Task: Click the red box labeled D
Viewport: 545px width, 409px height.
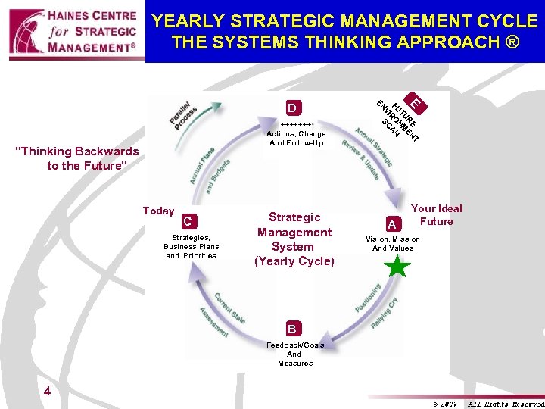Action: [x=291, y=107]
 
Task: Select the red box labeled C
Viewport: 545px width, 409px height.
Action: [x=190, y=221]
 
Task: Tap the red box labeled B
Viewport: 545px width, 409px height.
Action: [x=291, y=329]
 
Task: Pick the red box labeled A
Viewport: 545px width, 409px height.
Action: [x=391, y=222]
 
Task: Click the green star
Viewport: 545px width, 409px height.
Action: [x=397, y=267]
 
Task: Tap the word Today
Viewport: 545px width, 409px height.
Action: [x=158, y=211]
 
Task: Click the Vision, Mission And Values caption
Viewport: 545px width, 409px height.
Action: [x=392, y=244]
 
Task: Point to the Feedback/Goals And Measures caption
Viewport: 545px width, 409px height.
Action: [x=294, y=354]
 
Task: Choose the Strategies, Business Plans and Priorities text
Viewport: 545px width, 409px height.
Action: [x=192, y=247]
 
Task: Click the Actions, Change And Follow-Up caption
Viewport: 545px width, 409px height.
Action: [x=297, y=138]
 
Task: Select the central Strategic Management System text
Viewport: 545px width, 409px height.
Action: [x=294, y=239]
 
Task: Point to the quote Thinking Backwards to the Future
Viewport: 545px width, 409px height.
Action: [x=77, y=158]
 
